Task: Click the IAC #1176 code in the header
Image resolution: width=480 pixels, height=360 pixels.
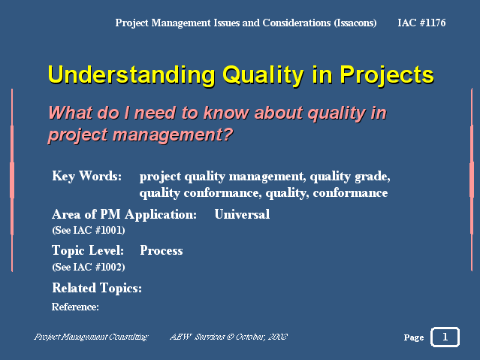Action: (x=421, y=23)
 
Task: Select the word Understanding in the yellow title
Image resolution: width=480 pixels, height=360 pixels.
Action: (x=131, y=74)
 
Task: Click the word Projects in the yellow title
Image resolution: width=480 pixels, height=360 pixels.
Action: (x=387, y=75)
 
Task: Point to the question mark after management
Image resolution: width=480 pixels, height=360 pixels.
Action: (x=228, y=135)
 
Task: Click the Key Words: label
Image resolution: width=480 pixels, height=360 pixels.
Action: (x=87, y=176)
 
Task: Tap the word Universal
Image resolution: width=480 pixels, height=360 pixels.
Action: (x=242, y=214)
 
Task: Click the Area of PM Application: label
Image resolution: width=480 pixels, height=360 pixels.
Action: (x=124, y=215)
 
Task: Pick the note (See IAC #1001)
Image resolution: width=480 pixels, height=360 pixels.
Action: (x=89, y=230)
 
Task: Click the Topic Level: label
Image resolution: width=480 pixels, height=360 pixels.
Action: (x=88, y=250)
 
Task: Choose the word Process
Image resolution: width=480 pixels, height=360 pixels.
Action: (x=162, y=250)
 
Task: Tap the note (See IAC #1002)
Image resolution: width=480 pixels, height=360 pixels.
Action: (x=89, y=267)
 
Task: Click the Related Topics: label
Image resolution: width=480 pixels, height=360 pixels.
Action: (x=97, y=289)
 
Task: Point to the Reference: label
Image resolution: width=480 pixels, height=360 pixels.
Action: (x=75, y=307)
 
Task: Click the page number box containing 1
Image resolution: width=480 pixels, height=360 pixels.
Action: (x=445, y=337)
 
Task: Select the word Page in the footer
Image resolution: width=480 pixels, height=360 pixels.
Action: (x=414, y=337)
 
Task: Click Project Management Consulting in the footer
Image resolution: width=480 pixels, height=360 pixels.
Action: (x=91, y=337)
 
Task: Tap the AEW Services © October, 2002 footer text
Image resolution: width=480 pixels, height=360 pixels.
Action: (x=228, y=337)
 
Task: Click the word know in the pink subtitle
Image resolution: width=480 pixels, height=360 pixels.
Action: (x=226, y=113)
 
